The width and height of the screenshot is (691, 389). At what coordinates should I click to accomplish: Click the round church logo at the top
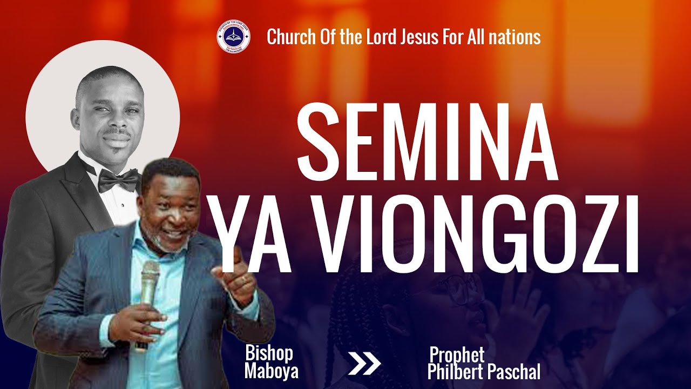coord(233,37)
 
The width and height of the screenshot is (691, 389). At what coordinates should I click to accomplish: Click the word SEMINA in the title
coord(426,143)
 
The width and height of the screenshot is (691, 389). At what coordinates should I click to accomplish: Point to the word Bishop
coord(269,354)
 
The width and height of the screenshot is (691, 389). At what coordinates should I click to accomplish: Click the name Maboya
coord(271,371)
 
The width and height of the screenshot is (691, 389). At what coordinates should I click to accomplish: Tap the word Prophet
coord(457,355)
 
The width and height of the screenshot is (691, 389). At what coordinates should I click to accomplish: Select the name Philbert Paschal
coord(484,372)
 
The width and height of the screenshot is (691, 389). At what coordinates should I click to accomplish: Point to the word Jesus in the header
coord(419,37)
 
